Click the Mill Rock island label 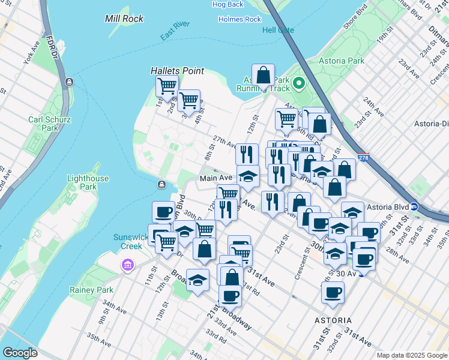(124, 19)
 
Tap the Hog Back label (228, 5)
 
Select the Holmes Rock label (240, 19)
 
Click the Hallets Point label (177, 71)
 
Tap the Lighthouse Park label (88, 182)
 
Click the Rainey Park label (96, 290)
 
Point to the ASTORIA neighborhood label (333, 320)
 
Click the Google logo (20, 353)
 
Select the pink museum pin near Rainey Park (127, 265)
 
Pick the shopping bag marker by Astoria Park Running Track (263, 76)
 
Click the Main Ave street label (215, 178)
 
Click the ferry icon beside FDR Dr (70, 82)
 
